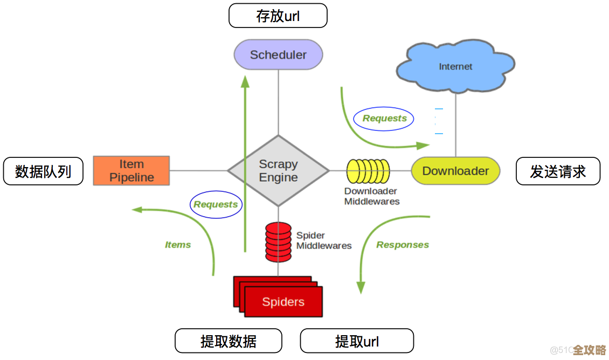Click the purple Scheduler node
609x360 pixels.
coord(278,54)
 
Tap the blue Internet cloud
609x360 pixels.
coord(455,66)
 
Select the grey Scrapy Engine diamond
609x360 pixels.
coord(278,171)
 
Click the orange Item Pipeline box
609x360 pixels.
coord(132,171)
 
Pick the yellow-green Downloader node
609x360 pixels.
coord(455,171)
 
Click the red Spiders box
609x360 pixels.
coord(282,301)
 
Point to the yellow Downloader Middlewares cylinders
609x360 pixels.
coord(368,171)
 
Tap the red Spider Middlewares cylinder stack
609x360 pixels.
coord(278,242)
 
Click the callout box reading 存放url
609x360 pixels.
coord(278,16)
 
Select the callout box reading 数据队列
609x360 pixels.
coord(43,171)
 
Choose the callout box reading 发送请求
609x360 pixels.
coord(558,171)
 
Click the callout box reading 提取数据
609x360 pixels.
coord(229,341)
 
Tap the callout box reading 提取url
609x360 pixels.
coord(357,341)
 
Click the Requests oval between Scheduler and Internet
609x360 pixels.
coord(384,119)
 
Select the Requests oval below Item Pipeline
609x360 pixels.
coord(216,204)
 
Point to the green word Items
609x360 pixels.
coord(178,245)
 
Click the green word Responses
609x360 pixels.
coord(403,245)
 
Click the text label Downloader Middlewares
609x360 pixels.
coord(372,196)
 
